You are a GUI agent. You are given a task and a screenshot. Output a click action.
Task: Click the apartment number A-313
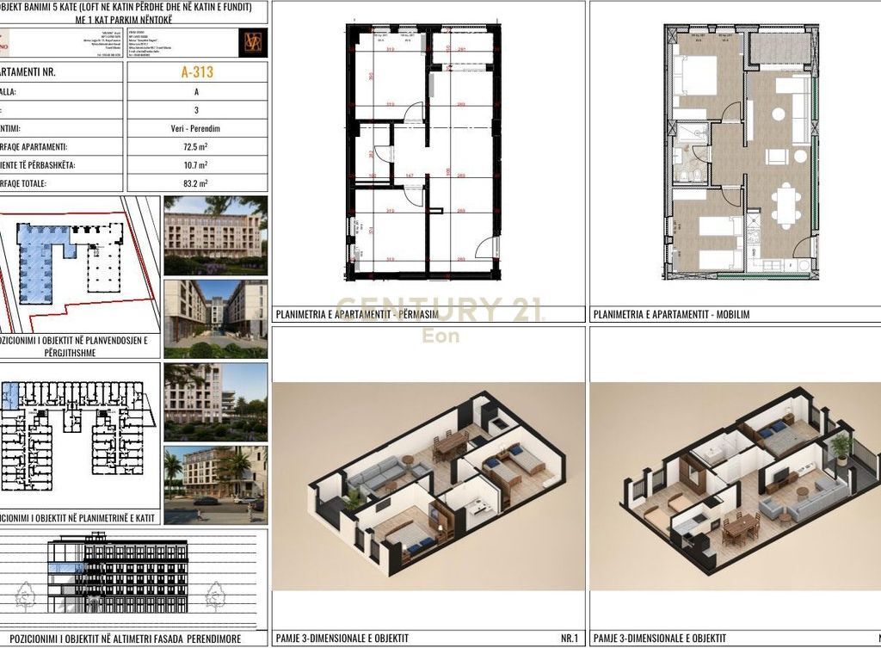197,72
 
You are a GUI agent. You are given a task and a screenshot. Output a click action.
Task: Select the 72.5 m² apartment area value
197,147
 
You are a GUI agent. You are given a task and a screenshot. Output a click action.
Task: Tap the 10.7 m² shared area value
197,165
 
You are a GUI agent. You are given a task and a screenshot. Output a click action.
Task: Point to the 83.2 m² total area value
197,183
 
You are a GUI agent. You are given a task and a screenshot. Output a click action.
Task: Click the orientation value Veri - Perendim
197,128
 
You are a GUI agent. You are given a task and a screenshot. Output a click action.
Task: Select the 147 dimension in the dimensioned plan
410,176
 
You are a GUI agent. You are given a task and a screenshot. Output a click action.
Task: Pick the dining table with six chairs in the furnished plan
785,207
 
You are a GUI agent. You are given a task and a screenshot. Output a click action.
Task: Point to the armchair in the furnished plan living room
777,156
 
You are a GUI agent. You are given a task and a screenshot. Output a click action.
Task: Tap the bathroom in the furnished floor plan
691,156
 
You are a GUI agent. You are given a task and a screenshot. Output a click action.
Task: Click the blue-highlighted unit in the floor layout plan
9,397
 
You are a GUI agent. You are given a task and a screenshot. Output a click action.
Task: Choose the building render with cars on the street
215,484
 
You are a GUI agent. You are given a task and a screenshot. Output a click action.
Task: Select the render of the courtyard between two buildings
215,318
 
